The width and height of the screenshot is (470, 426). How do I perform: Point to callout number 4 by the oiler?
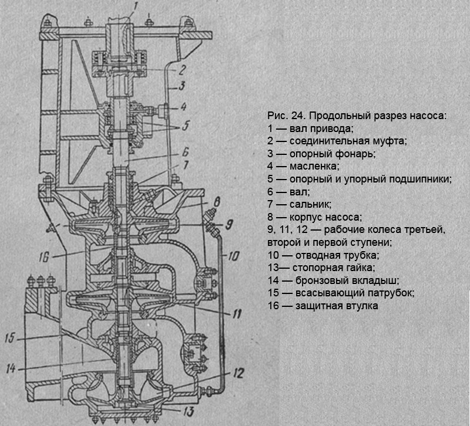coord(183,107)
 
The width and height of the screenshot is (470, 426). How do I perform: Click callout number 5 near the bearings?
coord(186,126)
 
